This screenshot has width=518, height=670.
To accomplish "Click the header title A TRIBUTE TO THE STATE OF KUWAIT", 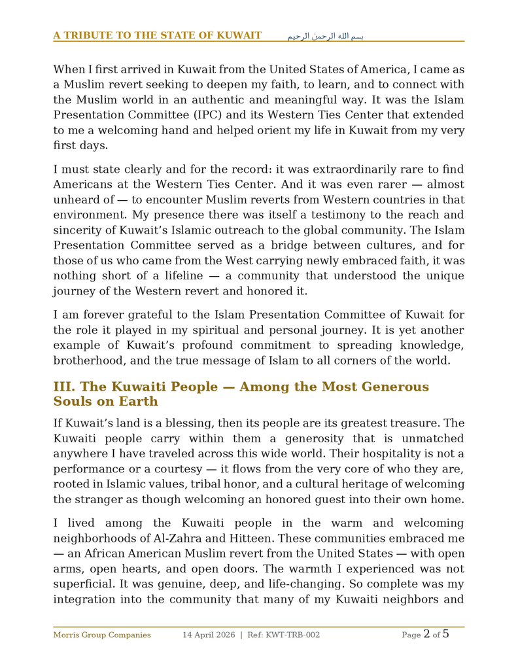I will click(158, 35).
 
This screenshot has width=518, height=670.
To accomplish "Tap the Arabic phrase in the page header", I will click(325, 36).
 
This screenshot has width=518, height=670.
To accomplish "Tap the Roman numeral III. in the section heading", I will click(63, 387).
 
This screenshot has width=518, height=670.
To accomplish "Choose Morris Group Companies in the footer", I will click(101, 635).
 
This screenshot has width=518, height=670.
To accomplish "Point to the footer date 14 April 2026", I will click(209, 635).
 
